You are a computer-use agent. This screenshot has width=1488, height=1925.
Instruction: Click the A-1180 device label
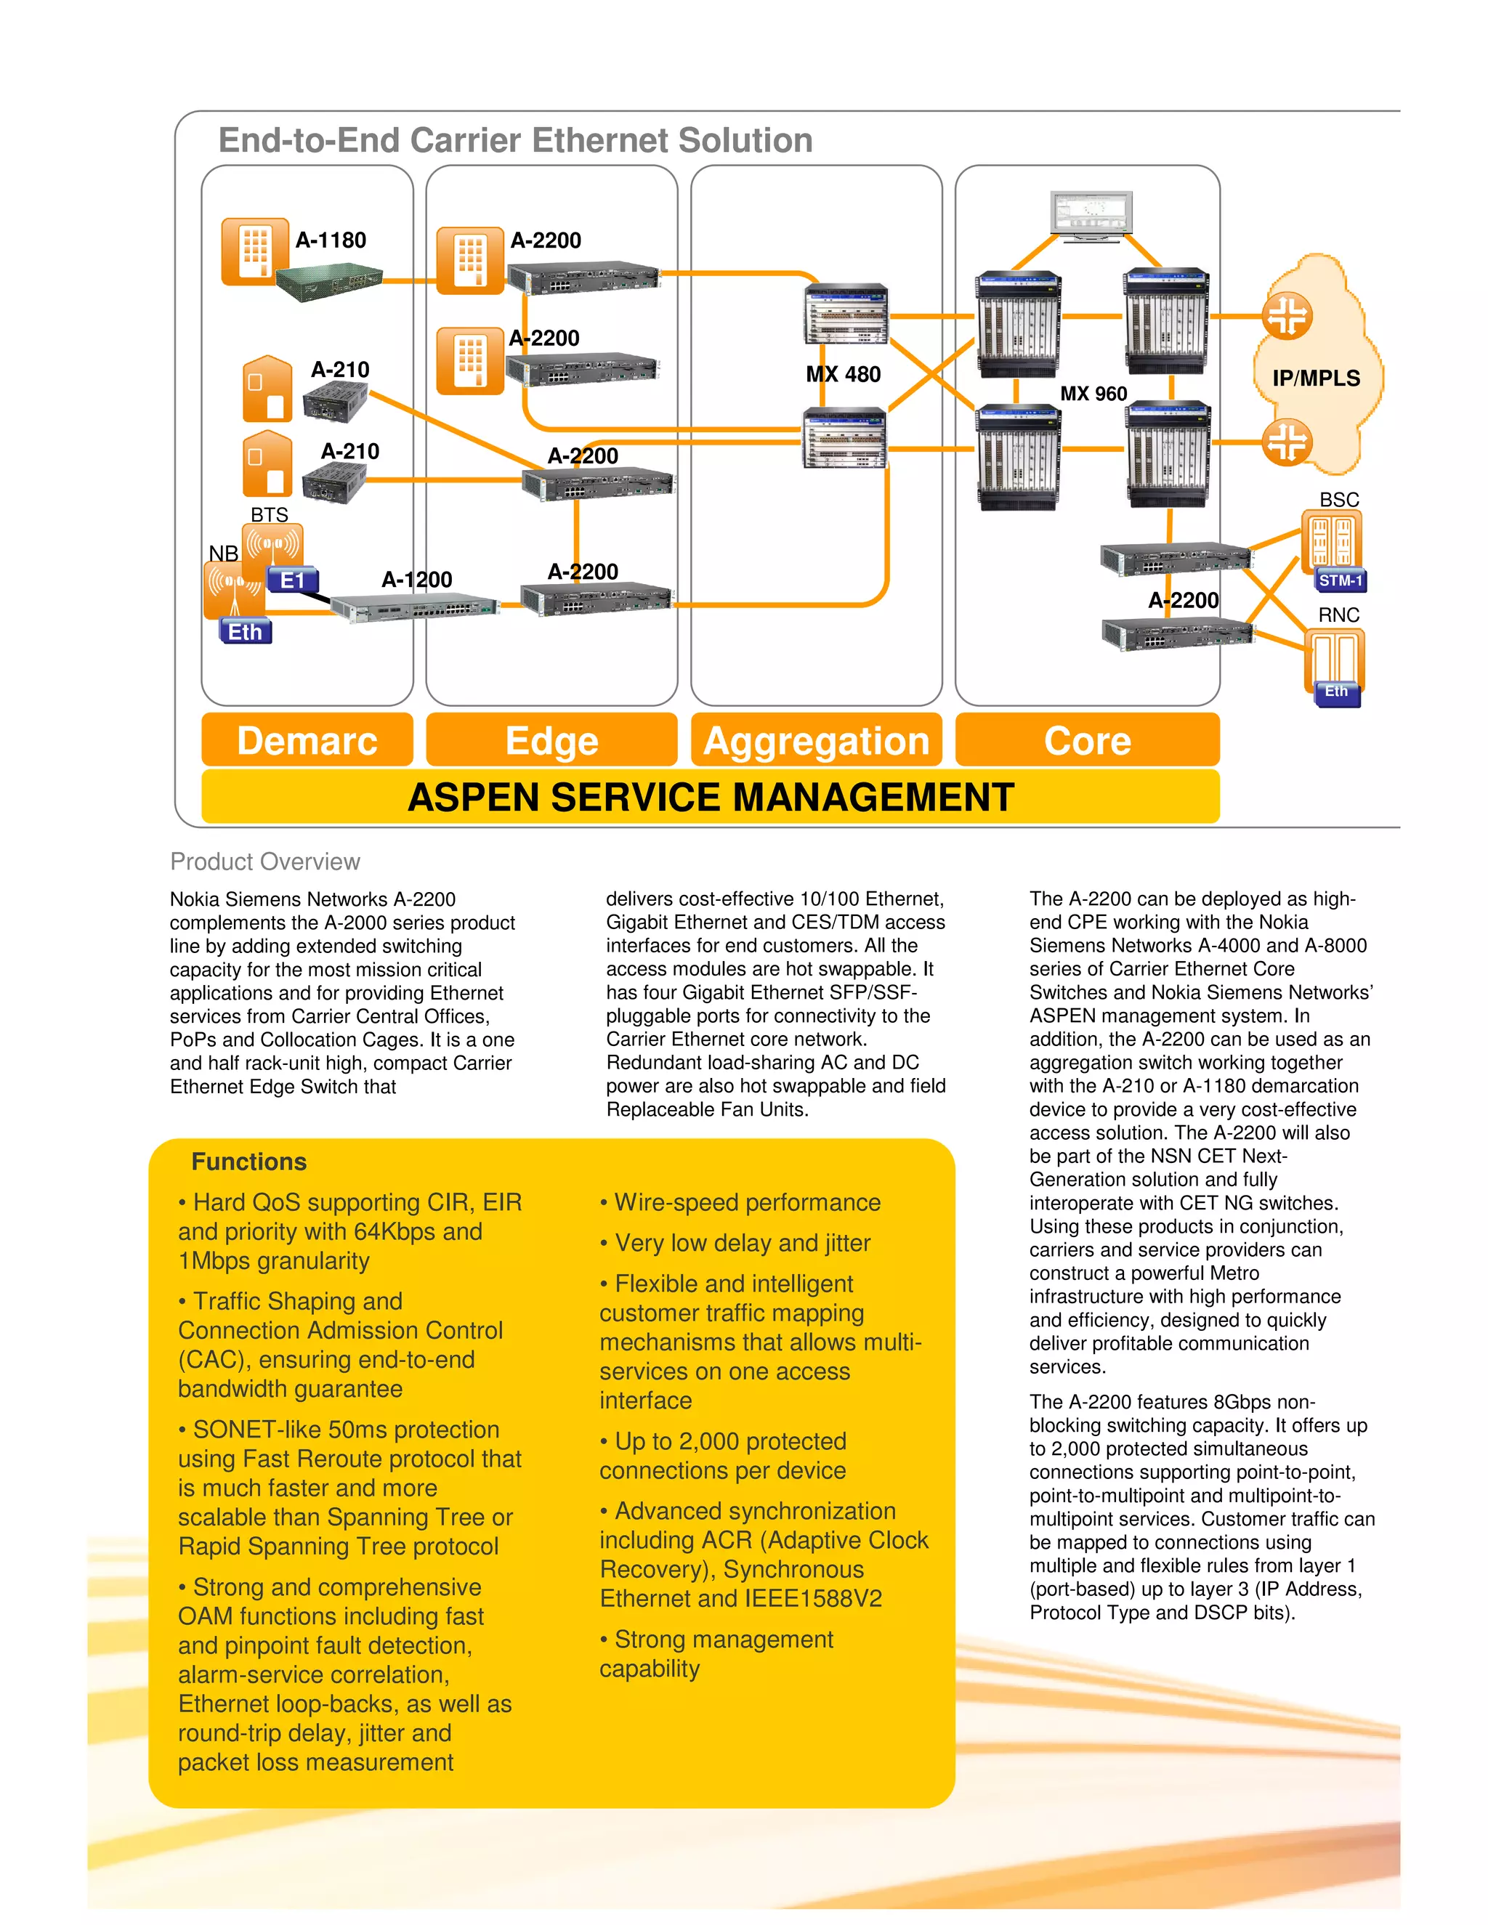point(331,240)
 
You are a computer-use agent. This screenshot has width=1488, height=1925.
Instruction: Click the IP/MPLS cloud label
point(1315,378)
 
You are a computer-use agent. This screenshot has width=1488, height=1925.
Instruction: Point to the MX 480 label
point(843,375)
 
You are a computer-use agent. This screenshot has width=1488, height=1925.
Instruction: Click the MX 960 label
point(1093,394)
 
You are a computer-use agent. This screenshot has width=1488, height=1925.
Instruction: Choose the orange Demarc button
point(307,740)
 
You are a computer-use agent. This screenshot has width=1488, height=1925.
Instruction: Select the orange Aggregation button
point(816,740)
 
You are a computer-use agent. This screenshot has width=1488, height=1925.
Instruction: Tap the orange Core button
point(1087,740)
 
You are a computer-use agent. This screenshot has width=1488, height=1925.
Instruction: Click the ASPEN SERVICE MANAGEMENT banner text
point(711,797)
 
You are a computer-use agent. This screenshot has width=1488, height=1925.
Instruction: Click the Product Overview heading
point(264,861)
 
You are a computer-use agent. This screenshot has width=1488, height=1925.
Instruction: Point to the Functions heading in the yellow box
point(248,1162)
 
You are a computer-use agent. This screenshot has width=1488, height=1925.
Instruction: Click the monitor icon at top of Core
point(1091,214)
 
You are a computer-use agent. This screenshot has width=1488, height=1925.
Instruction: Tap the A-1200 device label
point(416,579)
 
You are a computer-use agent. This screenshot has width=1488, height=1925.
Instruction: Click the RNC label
point(1338,615)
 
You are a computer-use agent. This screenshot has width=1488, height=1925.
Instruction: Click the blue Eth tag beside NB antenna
point(245,632)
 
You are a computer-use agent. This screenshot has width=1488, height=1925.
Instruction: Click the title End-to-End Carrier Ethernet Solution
point(515,141)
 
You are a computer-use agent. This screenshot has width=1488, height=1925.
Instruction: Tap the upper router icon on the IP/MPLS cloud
point(1287,317)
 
